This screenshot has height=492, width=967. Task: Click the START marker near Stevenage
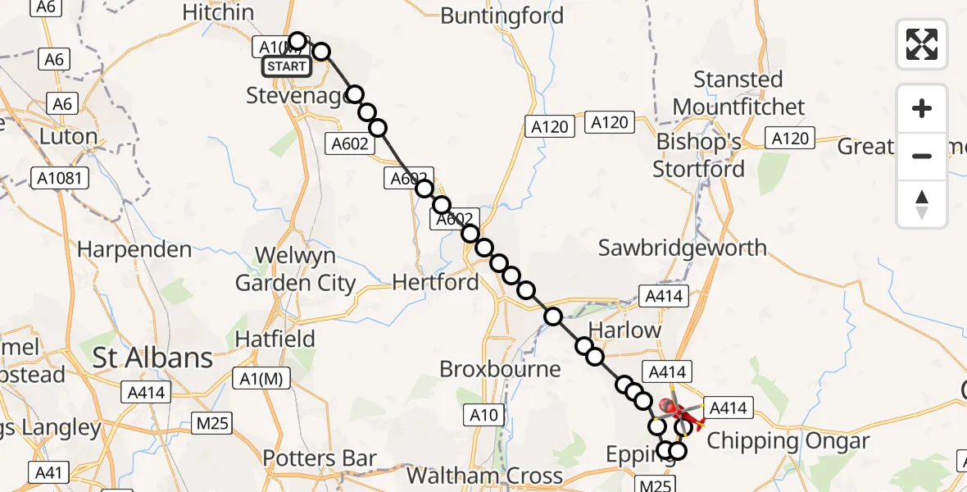pos(287,66)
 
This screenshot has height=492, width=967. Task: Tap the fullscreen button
pos(922,43)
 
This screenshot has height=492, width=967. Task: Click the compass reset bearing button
pos(922,204)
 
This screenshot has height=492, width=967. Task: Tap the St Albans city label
pos(152,358)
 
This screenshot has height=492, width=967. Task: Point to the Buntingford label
pos(502,16)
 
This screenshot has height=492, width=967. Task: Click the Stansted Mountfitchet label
pos(738,93)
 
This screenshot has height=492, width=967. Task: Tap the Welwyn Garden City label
pos(295,270)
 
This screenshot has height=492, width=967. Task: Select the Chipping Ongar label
pos(788,440)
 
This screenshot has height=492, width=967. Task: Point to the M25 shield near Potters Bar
pos(211,423)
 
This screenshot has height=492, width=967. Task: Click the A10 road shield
pos(483,415)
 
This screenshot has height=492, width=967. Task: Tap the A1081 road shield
pos(61,177)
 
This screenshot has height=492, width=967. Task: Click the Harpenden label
pos(134,249)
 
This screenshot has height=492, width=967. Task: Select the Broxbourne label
pos(500,369)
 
